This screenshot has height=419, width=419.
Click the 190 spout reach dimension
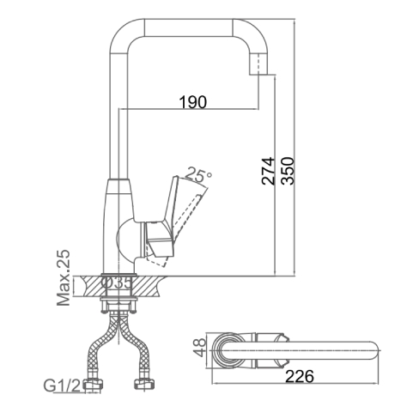(x=193, y=102)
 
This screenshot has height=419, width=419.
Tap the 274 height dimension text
(x=268, y=171)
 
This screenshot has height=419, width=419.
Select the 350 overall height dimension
(x=288, y=171)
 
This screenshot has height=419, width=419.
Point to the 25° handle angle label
(x=198, y=175)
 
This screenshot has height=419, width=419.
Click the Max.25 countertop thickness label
(x=64, y=277)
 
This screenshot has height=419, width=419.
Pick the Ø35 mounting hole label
(x=117, y=283)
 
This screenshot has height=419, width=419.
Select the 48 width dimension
(x=199, y=347)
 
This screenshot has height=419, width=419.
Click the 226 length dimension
(x=300, y=376)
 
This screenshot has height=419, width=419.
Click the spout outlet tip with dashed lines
(x=259, y=64)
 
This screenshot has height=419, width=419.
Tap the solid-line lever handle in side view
(x=163, y=216)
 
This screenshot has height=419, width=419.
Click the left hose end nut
(x=93, y=384)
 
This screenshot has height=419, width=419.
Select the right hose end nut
(x=144, y=384)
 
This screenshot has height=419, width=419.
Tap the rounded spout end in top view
(x=372, y=350)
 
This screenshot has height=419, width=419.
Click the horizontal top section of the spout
(x=188, y=27)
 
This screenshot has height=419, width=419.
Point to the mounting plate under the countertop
(x=118, y=300)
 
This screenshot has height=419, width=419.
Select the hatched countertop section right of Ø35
(x=149, y=287)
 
